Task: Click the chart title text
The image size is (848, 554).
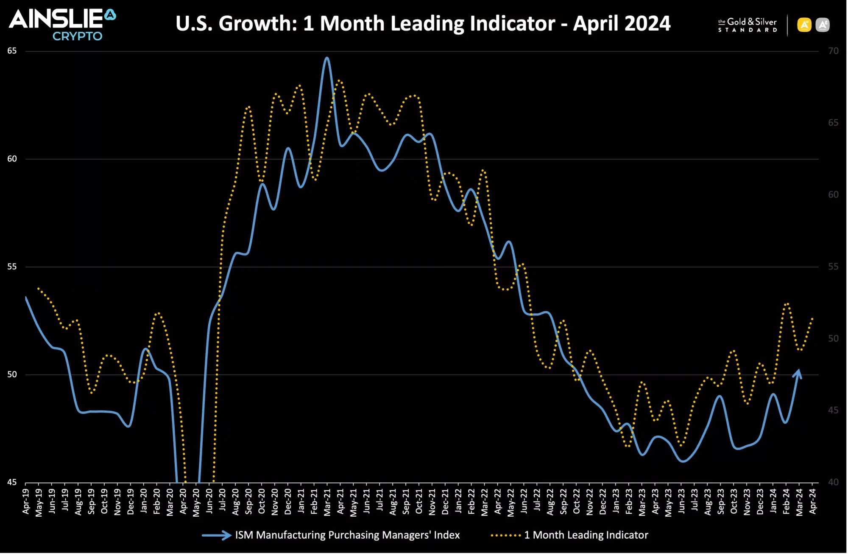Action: [x=423, y=23]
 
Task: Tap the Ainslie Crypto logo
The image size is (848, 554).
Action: [x=62, y=25]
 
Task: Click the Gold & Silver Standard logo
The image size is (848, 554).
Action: [x=747, y=25]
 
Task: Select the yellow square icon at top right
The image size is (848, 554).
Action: [x=804, y=25]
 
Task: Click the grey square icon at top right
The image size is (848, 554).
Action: [x=823, y=25]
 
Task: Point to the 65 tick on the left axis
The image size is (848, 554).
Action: [x=12, y=51]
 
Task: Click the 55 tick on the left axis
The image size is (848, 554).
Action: [x=12, y=267]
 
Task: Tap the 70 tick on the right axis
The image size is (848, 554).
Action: [x=833, y=51]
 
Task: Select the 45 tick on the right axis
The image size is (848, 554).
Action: [x=833, y=410]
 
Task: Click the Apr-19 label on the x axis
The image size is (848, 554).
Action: [x=26, y=501]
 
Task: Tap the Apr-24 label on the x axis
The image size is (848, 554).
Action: [x=812, y=501]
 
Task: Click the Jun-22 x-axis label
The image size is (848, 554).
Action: [x=524, y=501]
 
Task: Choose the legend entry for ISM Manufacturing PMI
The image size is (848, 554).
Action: [x=347, y=535]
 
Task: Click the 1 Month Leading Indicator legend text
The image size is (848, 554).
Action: [x=586, y=535]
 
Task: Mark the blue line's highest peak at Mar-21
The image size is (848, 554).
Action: [x=326, y=58]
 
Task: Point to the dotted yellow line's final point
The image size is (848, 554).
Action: [x=812, y=318]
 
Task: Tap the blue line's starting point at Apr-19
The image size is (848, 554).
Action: [x=26, y=297]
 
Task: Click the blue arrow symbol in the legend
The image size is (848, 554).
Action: [x=217, y=535]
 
